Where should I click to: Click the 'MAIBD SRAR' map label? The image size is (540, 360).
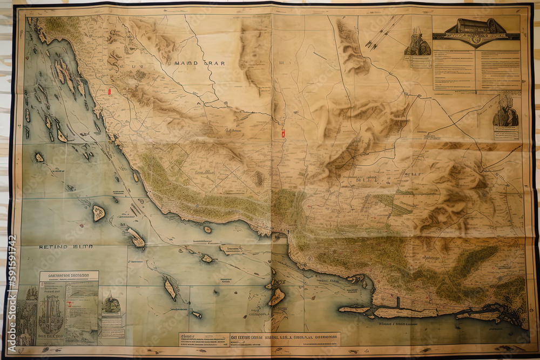point(199,63)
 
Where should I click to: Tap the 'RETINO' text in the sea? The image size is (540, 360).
point(52,247)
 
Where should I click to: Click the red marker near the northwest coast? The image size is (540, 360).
point(109,91)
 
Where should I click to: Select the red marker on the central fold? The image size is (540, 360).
point(282,132)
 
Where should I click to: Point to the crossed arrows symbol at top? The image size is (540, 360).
point(383,32)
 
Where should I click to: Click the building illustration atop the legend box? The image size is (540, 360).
point(476,27)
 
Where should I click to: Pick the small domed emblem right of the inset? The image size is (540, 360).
point(112,305)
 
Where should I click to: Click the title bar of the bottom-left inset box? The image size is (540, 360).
point(69,275)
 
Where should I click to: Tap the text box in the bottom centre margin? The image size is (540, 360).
point(259,338)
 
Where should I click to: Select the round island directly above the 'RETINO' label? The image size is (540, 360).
point(98,213)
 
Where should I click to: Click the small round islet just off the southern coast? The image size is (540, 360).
point(207,229)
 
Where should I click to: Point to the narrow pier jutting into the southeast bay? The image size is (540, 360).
point(398,302)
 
